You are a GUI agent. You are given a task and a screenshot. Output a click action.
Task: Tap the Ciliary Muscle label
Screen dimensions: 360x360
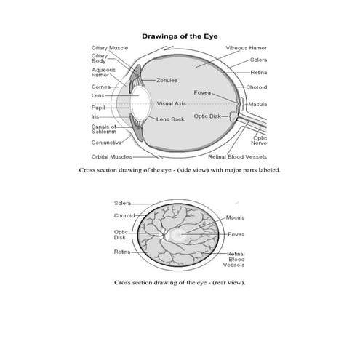[x=109, y=47]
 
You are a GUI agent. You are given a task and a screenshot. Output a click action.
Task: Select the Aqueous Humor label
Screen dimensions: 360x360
[x=101, y=73]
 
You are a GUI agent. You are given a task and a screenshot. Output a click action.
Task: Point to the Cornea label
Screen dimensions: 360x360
[x=100, y=87]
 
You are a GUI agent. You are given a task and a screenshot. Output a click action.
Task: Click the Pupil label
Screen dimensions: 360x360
[x=98, y=108]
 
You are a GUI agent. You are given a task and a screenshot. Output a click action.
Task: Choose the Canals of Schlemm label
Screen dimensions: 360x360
[x=105, y=129]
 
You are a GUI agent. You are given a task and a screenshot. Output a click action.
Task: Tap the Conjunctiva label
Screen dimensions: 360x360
[x=106, y=143]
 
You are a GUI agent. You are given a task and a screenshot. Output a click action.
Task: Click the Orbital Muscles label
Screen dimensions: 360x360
[x=111, y=156]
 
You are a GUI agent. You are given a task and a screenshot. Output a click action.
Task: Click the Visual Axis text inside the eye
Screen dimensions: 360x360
[x=171, y=103]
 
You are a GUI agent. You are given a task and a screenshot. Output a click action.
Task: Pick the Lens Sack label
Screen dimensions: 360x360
[x=170, y=119]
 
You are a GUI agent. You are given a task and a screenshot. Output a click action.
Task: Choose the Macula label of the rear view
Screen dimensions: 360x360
[x=235, y=217]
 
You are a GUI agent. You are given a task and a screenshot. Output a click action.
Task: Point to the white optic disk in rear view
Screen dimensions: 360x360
[x=169, y=235]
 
